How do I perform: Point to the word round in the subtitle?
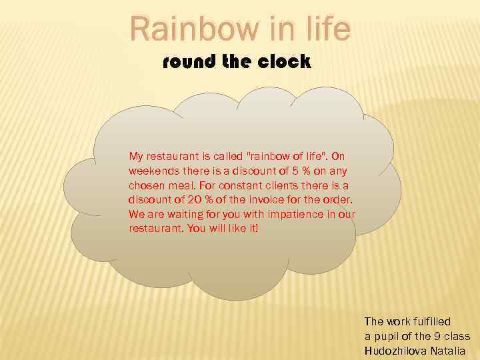pyautogui.click(x=185, y=62)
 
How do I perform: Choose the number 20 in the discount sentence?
pyautogui.click(x=194, y=200)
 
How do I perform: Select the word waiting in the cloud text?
pyautogui.click(x=177, y=214)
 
